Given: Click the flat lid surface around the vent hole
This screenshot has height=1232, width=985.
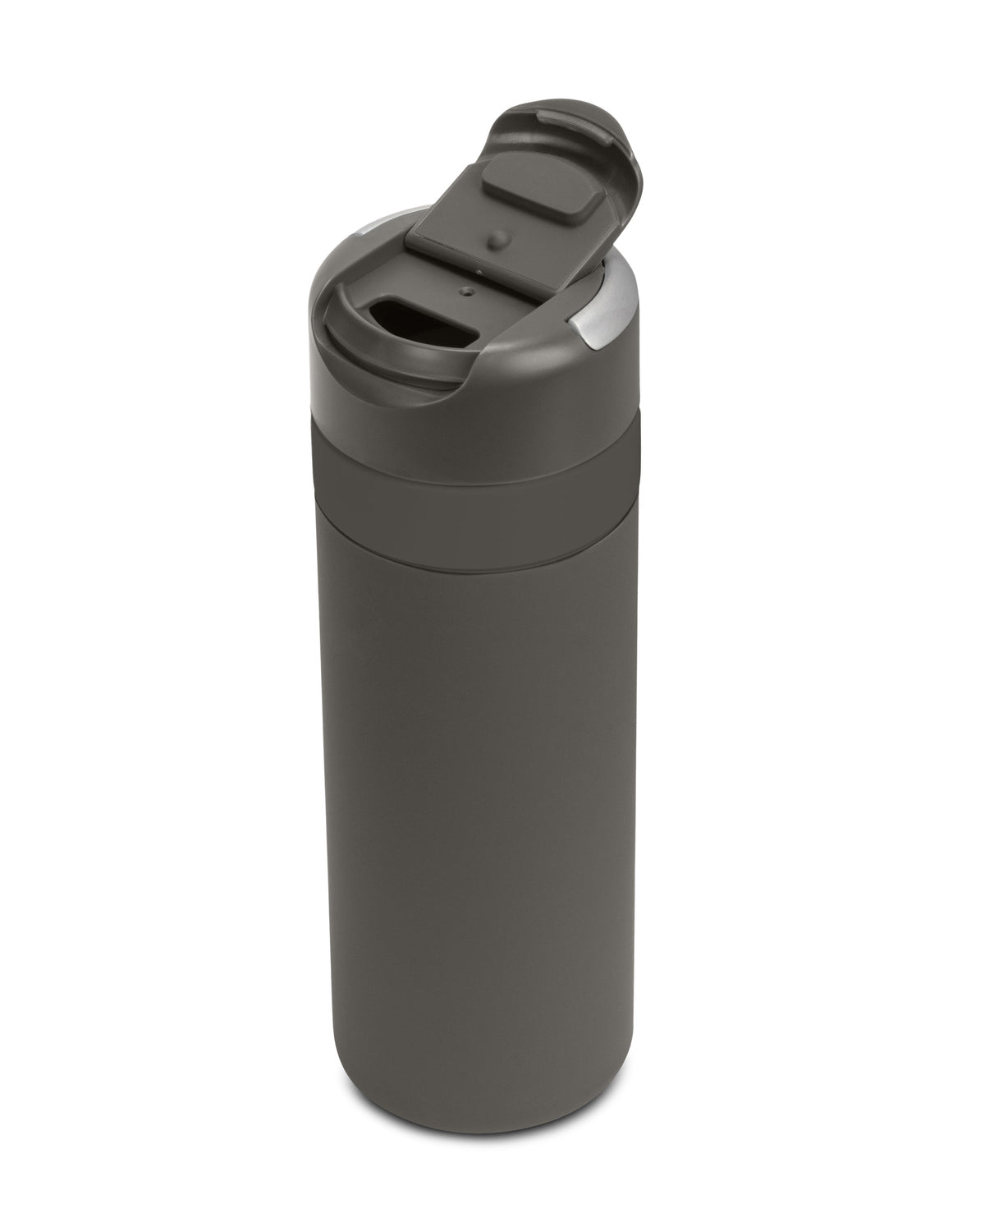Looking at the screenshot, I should [509, 312].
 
